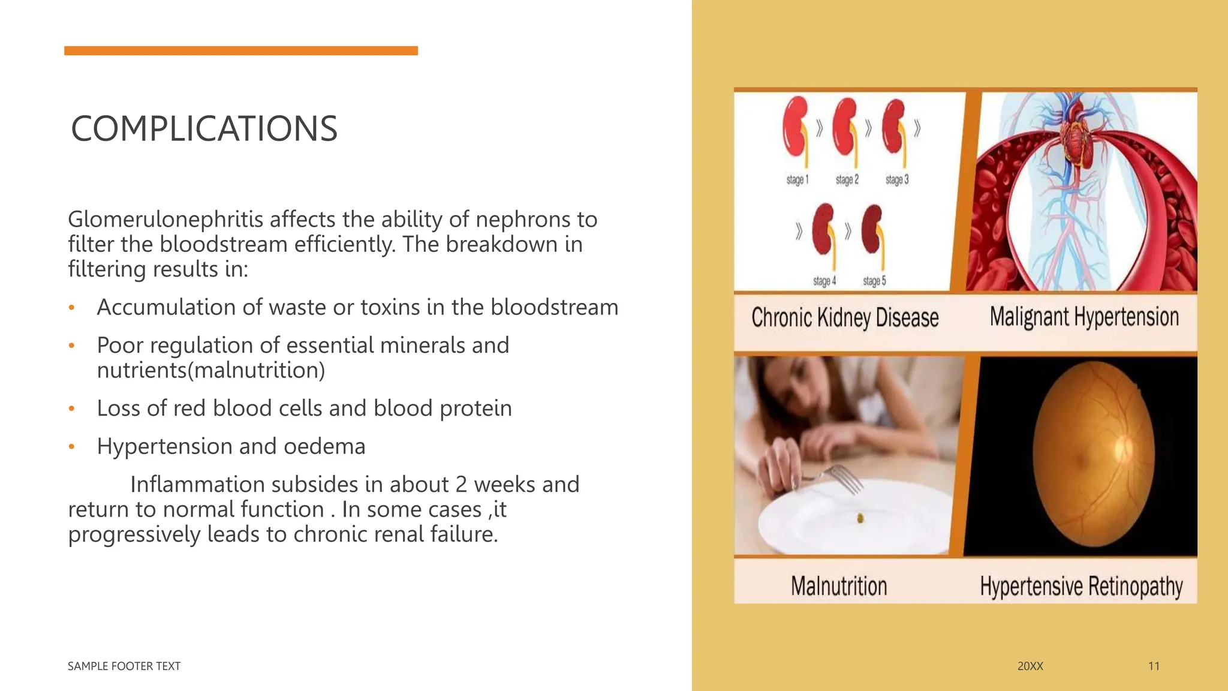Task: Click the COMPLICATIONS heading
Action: pyautogui.click(x=204, y=129)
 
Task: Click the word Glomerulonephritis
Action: pyautogui.click(x=165, y=220)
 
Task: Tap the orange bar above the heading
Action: pyautogui.click(x=240, y=51)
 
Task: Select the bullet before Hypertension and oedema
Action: pyautogui.click(x=71, y=447)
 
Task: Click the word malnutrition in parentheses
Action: pyautogui.click(x=256, y=371)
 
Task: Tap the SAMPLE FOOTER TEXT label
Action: pyautogui.click(x=124, y=666)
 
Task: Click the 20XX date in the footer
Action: pyautogui.click(x=1030, y=666)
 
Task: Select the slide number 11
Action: pyautogui.click(x=1154, y=666)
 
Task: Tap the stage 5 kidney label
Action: pyautogui.click(x=874, y=281)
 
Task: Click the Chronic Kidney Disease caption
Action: pyautogui.click(x=844, y=318)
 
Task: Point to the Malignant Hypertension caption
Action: pyautogui.click(x=1083, y=317)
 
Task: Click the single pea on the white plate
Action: pyautogui.click(x=860, y=518)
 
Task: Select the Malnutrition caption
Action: pyautogui.click(x=838, y=586)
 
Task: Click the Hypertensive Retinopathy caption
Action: pyautogui.click(x=1081, y=586)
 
